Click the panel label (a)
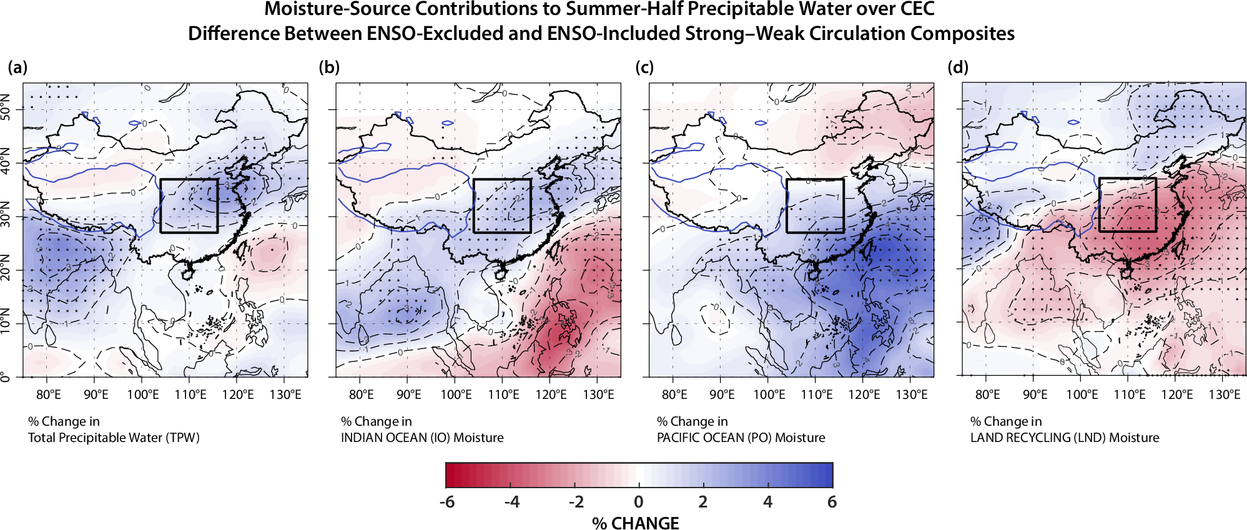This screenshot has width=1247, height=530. click(17, 67)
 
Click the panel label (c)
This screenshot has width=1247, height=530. click(644, 67)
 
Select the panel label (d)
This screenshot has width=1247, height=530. click(958, 67)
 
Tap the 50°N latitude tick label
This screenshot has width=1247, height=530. click(6, 108)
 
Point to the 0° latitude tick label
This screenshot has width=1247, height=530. click(6, 376)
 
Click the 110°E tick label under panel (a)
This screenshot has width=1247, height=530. click(190, 395)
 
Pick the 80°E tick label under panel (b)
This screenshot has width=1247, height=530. click(362, 395)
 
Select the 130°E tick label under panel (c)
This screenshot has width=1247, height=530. click(912, 395)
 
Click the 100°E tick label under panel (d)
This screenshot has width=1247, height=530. click(1082, 395)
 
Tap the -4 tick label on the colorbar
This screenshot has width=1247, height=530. click(511, 502)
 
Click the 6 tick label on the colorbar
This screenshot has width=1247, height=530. click(832, 502)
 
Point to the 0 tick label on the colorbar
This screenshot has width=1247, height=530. click(638, 502)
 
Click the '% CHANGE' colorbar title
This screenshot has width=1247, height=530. click(635, 523)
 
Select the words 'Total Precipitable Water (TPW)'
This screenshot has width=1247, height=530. click(114, 438)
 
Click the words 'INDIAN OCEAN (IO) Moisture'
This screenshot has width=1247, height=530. click(422, 438)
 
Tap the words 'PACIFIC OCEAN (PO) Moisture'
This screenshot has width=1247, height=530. click(741, 438)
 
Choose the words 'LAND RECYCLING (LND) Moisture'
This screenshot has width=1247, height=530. click(1065, 438)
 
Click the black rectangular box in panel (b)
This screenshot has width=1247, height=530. click(502, 180)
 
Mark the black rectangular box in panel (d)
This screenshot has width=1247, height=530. click(1127, 179)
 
